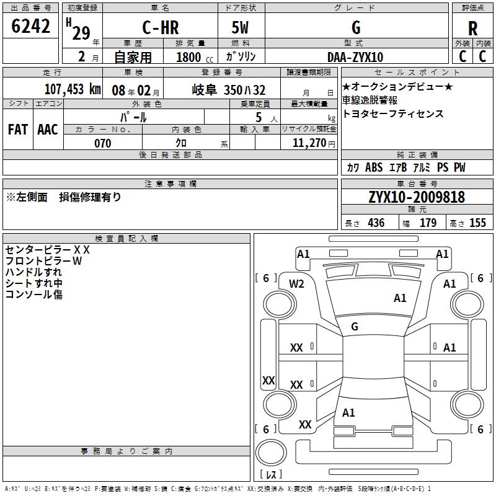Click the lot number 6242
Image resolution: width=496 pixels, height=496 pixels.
coord(31,27)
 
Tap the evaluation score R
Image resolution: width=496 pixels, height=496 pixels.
coord(472,29)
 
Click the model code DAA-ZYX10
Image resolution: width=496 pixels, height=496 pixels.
coord(355,57)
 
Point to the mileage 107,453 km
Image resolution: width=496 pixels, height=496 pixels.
coord(73,89)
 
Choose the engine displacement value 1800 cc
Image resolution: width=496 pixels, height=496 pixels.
coord(193,58)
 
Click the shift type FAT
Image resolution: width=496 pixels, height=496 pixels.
coord(17,130)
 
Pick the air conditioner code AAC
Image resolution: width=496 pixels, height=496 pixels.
coord(47,130)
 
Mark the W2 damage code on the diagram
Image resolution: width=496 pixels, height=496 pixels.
coord(297,284)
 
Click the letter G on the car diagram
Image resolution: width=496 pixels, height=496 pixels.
coord(355,326)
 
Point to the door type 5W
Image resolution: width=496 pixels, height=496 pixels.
coord(240,28)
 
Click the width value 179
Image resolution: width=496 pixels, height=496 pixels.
coord(428,223)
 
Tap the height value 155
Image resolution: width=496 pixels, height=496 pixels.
coord(477,223)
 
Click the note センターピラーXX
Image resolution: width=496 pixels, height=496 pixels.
coord(48,250)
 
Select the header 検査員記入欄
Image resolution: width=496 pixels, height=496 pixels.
coord(126,238)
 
